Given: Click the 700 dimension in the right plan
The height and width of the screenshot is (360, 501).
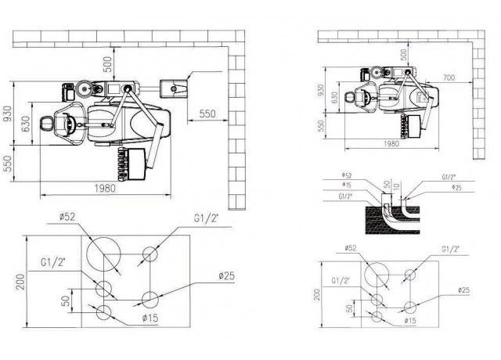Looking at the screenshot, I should [x=449, y=78].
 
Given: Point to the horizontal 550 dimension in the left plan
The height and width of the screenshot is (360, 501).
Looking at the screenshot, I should [x=207, y=114].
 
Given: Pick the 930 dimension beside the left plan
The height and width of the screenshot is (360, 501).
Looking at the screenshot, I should [x=8, y=114].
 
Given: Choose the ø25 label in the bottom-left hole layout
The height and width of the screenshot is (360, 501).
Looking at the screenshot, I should [x=228, y=275].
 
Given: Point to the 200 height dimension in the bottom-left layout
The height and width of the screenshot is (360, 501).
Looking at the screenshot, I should [x=9, y=280].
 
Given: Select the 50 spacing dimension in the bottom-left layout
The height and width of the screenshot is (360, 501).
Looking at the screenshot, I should [x=67, y=299].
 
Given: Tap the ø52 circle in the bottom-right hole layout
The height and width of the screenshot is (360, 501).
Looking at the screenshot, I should [x=377, y=275].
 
